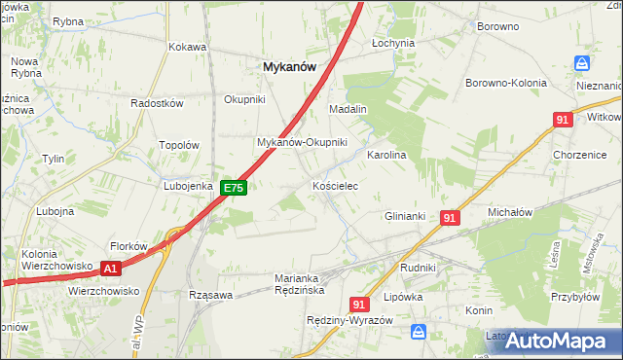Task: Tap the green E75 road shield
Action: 233,188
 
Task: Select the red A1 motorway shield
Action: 111,269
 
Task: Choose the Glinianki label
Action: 407,216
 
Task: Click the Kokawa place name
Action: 188,46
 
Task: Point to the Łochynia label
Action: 393,43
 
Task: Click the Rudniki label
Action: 418,267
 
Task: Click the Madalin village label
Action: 347,109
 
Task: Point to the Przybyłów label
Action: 573,299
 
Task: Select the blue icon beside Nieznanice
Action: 582,63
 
